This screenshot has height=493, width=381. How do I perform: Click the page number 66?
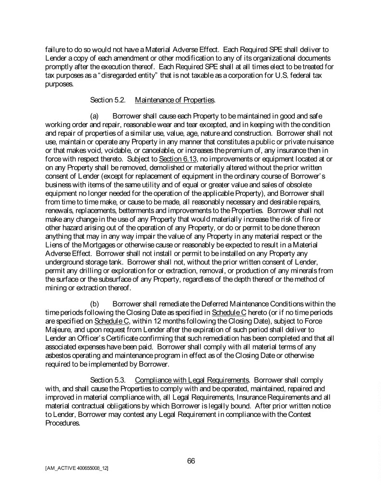tap(191, 461)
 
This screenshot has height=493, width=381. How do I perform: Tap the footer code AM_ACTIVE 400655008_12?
tap(76, 468)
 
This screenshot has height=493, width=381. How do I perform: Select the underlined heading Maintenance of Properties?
tap(175, 100)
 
